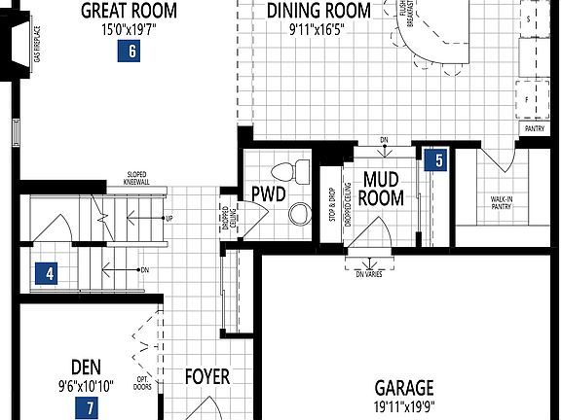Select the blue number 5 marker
439,159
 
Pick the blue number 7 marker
91,408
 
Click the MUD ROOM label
383,188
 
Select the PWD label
268,193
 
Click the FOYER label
207,376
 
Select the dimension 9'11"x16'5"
317,29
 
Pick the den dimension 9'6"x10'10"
86,385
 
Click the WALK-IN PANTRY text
503,202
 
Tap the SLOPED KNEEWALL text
136,178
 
